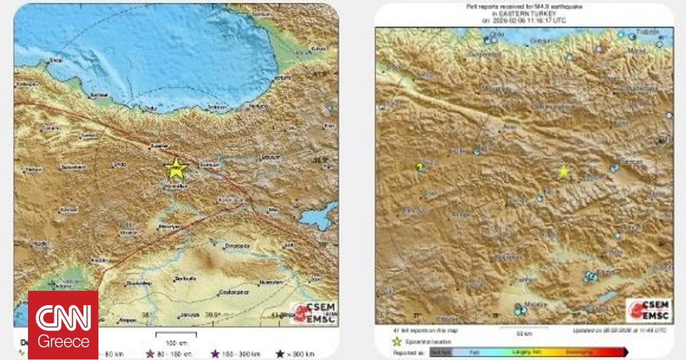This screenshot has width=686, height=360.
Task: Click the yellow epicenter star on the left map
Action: coord(176,168)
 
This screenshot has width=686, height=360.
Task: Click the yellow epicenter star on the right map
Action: coord(564,171)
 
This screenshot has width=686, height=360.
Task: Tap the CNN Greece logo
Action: coord(63,325)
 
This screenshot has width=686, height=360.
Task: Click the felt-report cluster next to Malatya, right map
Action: coord(519,310)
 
